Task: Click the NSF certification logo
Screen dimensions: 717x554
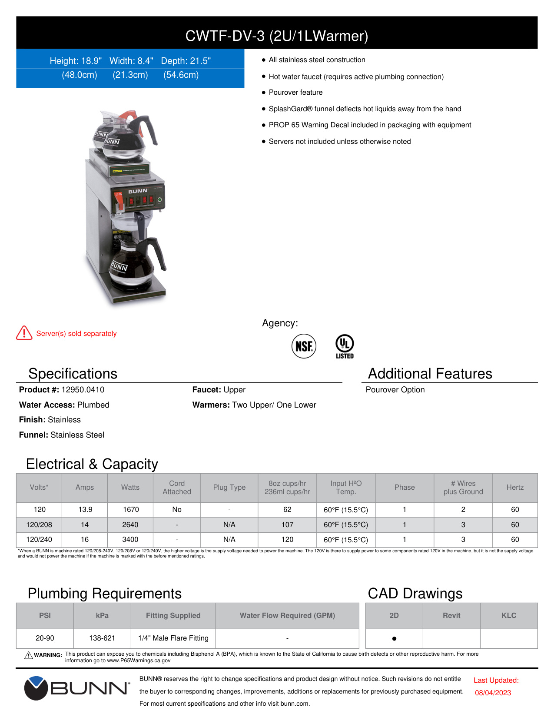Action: pyautogui.click(x=304, y=346)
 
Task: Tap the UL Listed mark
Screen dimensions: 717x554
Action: pyautogui.click(x=345, y=346)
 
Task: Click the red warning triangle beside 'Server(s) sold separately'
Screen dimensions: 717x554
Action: pyautogui.click(x=24, y=333)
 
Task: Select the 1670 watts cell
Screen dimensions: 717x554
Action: pyautogui.click(x=130, y=510)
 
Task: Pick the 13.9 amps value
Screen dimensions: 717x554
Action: pyautogui.click(x=85, y=510)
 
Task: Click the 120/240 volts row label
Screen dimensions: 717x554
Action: pyautogui.click(x=39, y=540)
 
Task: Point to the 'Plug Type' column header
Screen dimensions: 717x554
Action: pyautogui.click(x=229, y=488)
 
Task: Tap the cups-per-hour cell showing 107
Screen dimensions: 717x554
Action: pyautogui.click(x=287, y=525)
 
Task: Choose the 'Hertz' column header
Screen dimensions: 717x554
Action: pyautogui.click(x=515, y=488)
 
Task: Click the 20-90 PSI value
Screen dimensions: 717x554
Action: pyautogui.click(x=45, y=638)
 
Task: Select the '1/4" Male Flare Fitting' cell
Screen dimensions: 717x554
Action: pyautogui.click(x=173, y=638)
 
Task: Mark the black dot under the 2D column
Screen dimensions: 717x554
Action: pyautogui.click(x=394, y=639)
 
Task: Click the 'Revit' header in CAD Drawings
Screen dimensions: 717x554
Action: pyautogui.click(x=451, y=616)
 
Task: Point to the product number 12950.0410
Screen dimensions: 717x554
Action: pyautogui.click(x=83, y=390)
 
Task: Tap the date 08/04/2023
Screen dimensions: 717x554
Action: pyautogui.click(x=493, y=693)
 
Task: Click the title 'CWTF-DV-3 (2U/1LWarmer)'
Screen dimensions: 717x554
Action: pyautogui.click(x=277, y=36)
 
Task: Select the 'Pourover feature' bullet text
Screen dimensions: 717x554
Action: pyautogui.click(x=295, y=93)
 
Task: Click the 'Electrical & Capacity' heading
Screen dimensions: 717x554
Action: pyautogui.click(x=92, y=464)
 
